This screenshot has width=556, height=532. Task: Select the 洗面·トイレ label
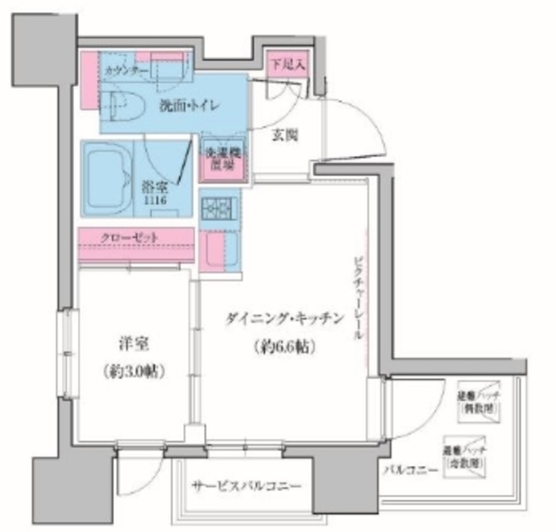188,106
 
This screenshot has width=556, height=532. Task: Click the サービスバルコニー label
248,485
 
